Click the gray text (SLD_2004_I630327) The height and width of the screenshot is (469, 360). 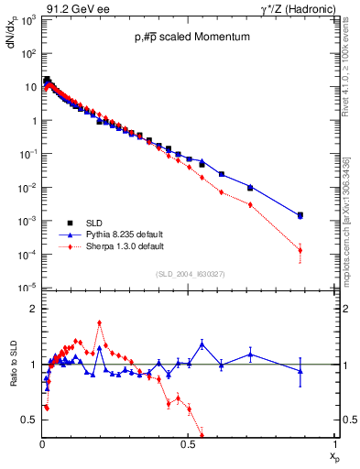click(x=190, y=274)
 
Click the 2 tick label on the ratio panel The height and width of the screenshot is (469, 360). click(x=34, y=309)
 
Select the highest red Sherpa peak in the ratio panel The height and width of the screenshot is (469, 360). click(x=99, y=322)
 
